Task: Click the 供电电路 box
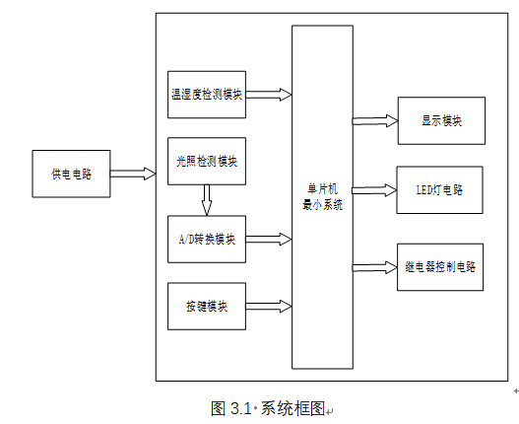pyautogui.click(x=71, y=174)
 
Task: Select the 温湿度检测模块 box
pyautogui.click(x=207, y=95)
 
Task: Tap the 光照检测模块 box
pyautogui.click(x=207, y=161)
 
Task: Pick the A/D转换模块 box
pyautogui.click(x=207, y=239)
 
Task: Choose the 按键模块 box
pyautogui.click(x=207, y=306)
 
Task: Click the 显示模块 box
pyautogui.click(x=441, y=120)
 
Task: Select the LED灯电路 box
pyautogui.click(x=439, y=190)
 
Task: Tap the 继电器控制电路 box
pyautogui.click(x=440, y=267)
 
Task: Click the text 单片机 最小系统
pyautogui.click(x=322, y=197)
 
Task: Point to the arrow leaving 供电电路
pyautogui.click(x=133, y=174)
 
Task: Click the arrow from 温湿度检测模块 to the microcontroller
pyautogui.click(x=269, y=95)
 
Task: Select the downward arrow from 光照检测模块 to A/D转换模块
pyautogui.click(x=207, y=200)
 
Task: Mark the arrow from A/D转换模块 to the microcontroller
pyautogui.click(x=269, y=239)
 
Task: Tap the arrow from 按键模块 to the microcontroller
pyautogui.click(x=269, y=306)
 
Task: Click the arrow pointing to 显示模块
pyautogui.click(x=375, y=121)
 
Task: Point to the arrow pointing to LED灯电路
pyautogui.click(x=374, y=190)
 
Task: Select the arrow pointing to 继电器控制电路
pyautogui.click(x=374, y=267)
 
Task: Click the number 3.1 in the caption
pyautogui.click(x=241, y=408)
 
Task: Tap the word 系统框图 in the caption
pyautogui.click(x=292, y=408)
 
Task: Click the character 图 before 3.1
pyautogui.click(x=219, y=408)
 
